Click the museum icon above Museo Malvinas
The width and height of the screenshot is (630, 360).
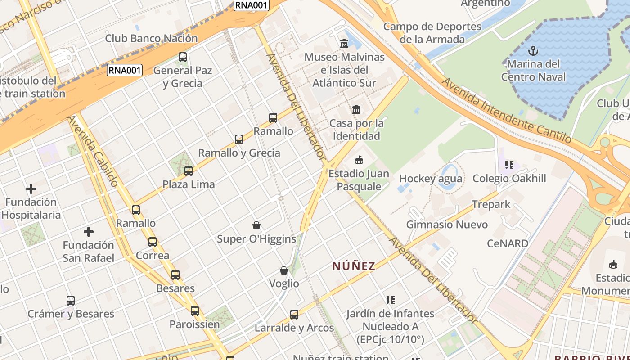click(x=344, y=43)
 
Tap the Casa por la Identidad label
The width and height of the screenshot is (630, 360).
click(x=357, y=130)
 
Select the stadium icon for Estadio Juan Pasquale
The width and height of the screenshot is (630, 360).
click(x=359, y=160)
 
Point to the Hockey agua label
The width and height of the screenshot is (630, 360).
click(x=431, y=179)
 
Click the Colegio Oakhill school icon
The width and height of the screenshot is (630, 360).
click(x=509, y=165)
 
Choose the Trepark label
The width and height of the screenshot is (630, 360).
click(x=491, y=204)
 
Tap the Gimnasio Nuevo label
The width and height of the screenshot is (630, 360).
click(x=447, y=224)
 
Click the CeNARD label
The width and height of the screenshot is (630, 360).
click(x=508, y=243)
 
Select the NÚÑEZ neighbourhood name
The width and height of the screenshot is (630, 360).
click(x=354, y=266)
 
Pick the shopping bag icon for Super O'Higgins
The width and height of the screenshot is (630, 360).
click(x=256, y=225)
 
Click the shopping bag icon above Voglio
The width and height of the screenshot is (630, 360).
click(x=284, y=270)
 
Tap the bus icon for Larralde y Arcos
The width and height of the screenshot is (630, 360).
click(x=294, y=314)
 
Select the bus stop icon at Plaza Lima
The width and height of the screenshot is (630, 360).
click(x=189, y=171)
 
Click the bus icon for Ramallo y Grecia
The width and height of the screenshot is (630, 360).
click(x=239, y=139)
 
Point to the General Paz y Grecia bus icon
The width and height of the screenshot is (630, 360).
click(x=183, y=57)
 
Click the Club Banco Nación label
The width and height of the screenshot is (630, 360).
click(x=151, y=38)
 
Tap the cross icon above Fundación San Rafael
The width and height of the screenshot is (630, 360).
click(x=89, y=232)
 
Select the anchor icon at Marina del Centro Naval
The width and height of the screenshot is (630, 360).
click(x=533, y=50)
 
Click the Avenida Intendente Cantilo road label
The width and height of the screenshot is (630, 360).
click(x=506, y=111)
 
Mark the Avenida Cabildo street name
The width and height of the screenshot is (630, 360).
click(x=93, y=151)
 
